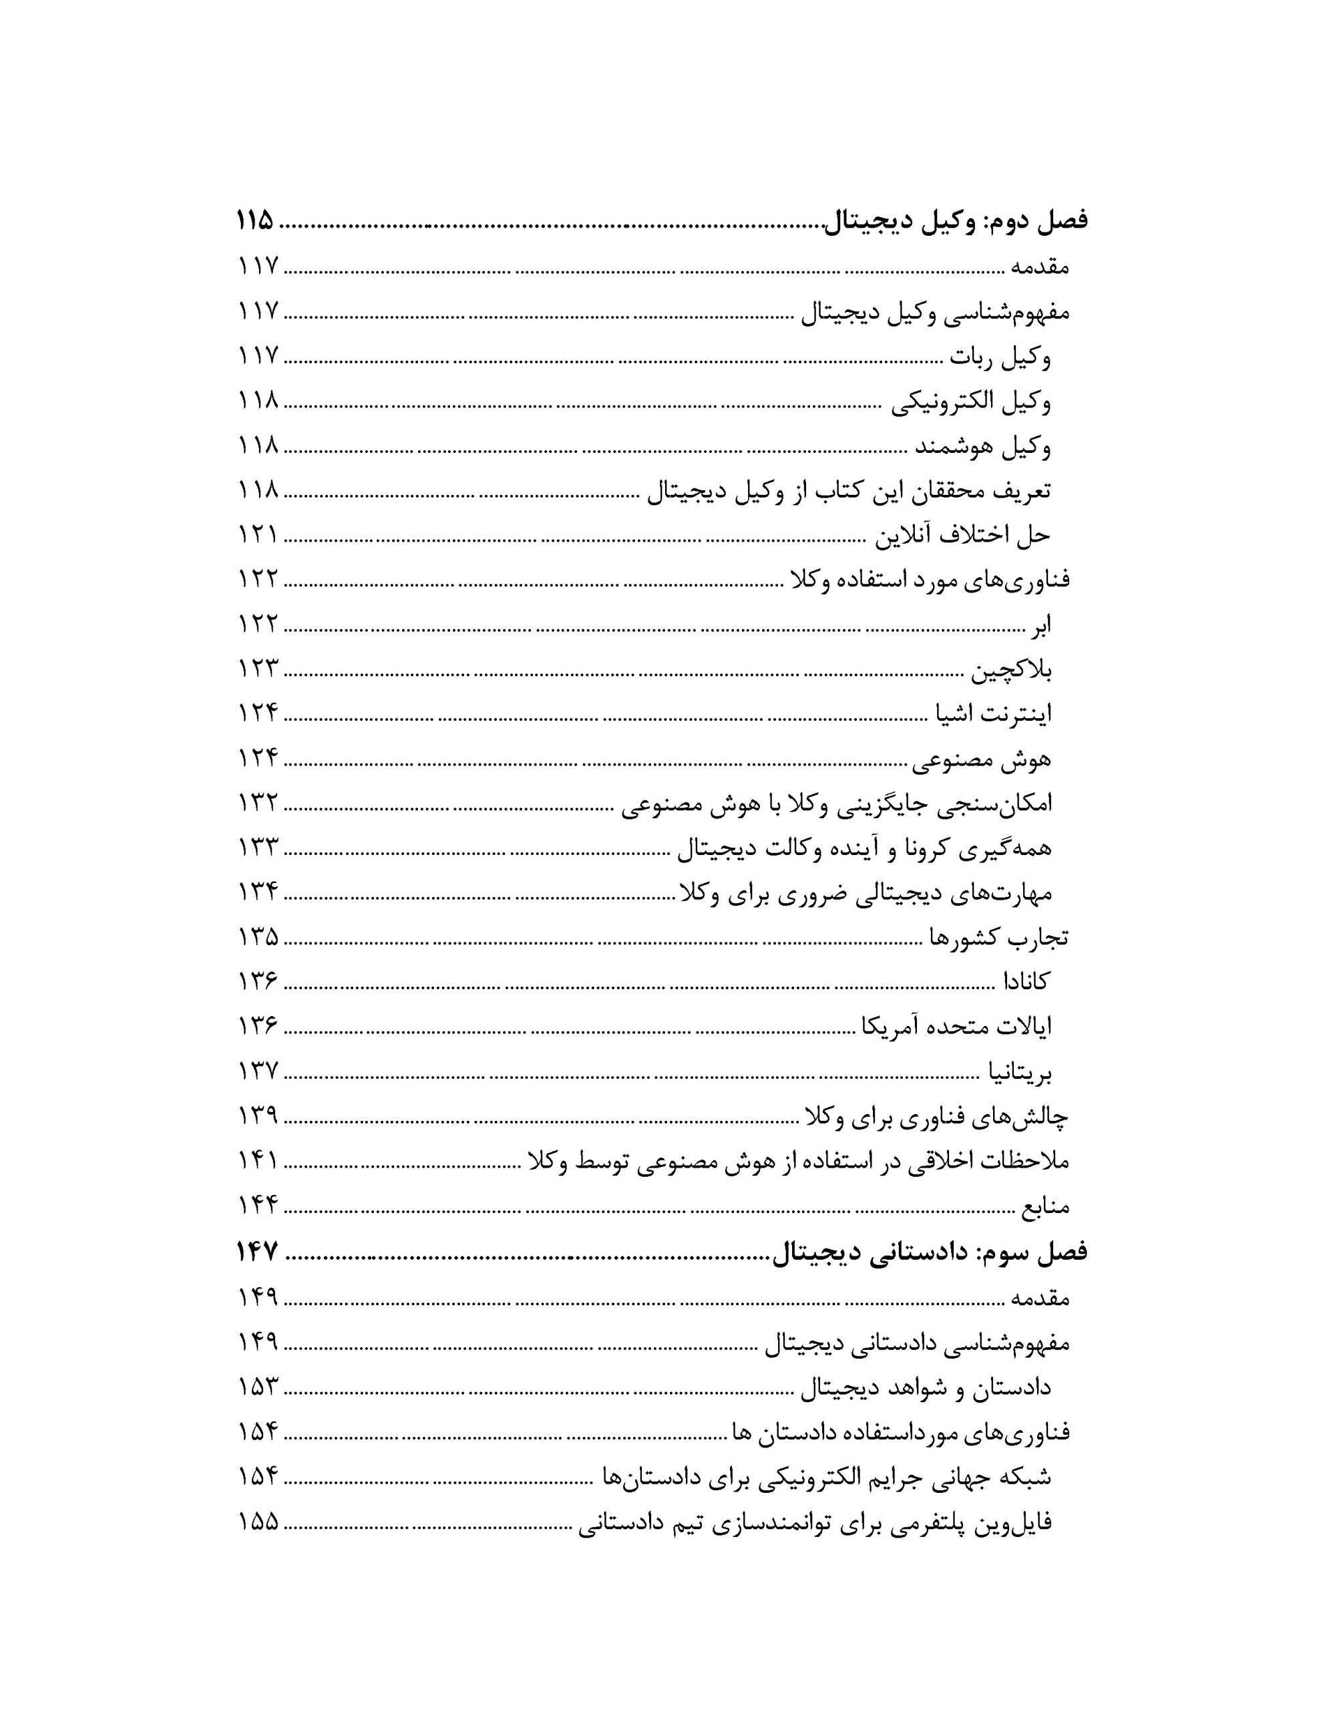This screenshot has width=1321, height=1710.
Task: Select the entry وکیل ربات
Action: coord(1000,358)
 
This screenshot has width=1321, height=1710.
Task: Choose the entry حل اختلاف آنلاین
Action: coord(962,536)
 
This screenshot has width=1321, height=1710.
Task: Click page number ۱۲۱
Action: coord(258,536)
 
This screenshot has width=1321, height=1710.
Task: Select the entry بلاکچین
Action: coord(1011,670)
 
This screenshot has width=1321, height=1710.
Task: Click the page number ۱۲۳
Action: coord(258,669)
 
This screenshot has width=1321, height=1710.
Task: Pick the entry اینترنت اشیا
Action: coord(994,714)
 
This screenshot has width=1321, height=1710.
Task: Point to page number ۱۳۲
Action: coord(258,804)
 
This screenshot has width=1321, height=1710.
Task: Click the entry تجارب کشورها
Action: coord(998,937)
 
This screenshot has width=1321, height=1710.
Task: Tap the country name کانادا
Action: coord(1026,982)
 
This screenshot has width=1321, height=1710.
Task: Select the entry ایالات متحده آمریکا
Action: coord(956,1027)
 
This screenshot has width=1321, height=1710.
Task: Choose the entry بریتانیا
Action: coord(1017,1072)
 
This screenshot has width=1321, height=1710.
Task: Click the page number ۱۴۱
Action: coord(258,1161)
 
